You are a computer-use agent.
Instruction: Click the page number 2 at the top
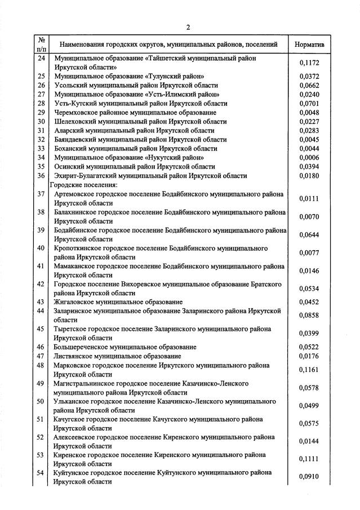tap(188, 26)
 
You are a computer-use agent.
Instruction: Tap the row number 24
tap(41, 58)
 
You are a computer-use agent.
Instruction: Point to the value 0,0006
tap(309, 158)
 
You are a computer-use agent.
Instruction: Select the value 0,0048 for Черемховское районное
tap(309, 113)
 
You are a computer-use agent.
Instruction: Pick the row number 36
tap(41, 176)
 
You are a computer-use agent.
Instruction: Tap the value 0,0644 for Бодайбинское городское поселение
tap(309, 234)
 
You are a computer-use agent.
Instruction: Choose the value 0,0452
tap(309, 302)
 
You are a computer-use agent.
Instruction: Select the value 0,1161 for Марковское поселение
tap(309, 370)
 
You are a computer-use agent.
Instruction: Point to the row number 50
tap(41, 401)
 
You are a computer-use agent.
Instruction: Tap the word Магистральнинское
tap(85, 383)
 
